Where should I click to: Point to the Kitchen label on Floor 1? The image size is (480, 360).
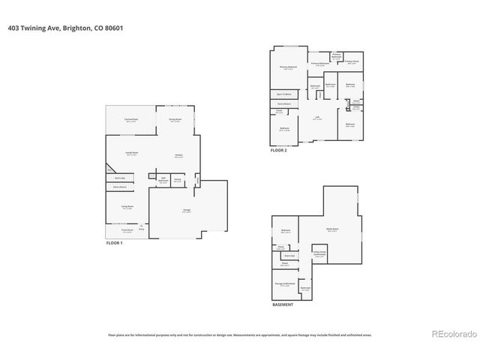coord(179,156)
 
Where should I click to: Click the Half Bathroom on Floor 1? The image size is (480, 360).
coord(162,180)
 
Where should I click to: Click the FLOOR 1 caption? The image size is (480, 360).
coord(114,244)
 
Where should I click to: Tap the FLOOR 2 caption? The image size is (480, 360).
coord(279,150)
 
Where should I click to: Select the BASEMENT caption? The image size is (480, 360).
coord(283,304)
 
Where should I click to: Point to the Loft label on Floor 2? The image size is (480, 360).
coord(316,118)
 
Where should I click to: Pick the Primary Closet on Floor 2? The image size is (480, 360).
coord(352,62)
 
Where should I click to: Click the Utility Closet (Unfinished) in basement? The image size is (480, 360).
coord(319,255)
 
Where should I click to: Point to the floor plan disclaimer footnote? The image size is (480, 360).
coord(240,335)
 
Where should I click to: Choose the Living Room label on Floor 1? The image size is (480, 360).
coord(127,207)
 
